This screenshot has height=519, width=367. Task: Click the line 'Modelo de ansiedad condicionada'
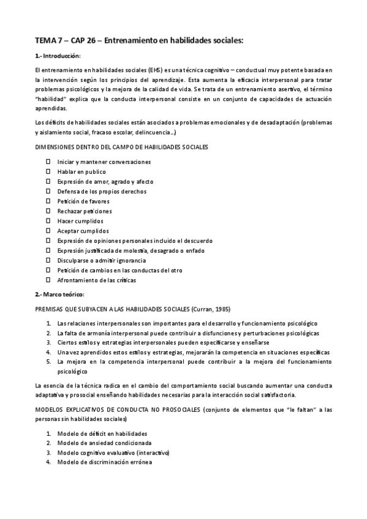tap(96, 442)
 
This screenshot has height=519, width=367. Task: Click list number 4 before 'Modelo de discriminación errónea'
tap(48, 462)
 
